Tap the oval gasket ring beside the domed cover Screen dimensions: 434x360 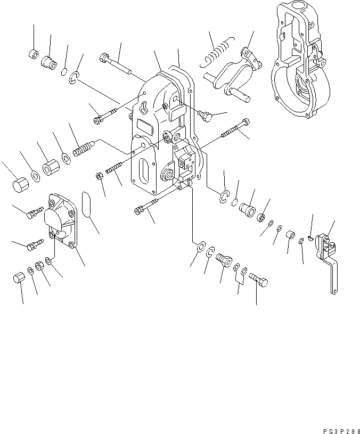[x=88, y=205]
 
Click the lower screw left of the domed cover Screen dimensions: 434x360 [x=34, y=244]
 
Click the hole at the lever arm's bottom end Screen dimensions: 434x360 [x=333, y=291]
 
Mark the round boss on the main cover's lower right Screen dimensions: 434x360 [x=168, y=175]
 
